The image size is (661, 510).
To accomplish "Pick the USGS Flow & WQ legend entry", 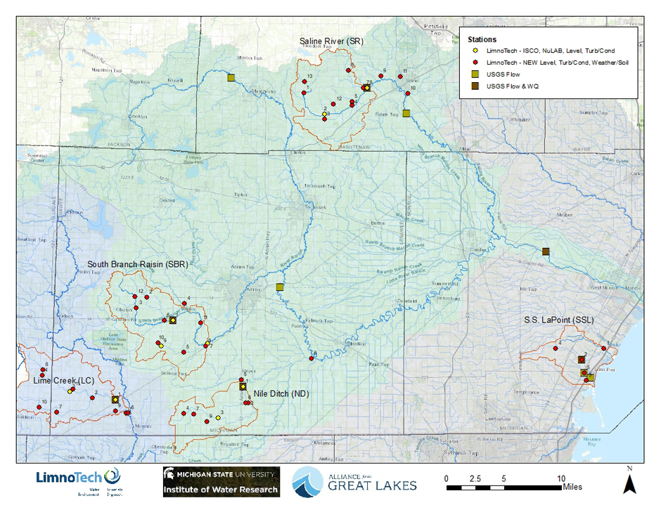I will click(x=516, y=86).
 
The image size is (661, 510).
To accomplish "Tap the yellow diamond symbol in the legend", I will click(x=475, y=51).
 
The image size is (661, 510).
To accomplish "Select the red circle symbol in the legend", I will click(x=475, y=63).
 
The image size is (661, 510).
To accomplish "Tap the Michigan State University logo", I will click(x=222, y=481).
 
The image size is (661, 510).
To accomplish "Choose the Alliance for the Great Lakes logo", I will click(x=355, y=480).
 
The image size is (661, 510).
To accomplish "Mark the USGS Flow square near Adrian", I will click(x=279, y=287).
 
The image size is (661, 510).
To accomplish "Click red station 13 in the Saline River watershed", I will click(x=304, y=82).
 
